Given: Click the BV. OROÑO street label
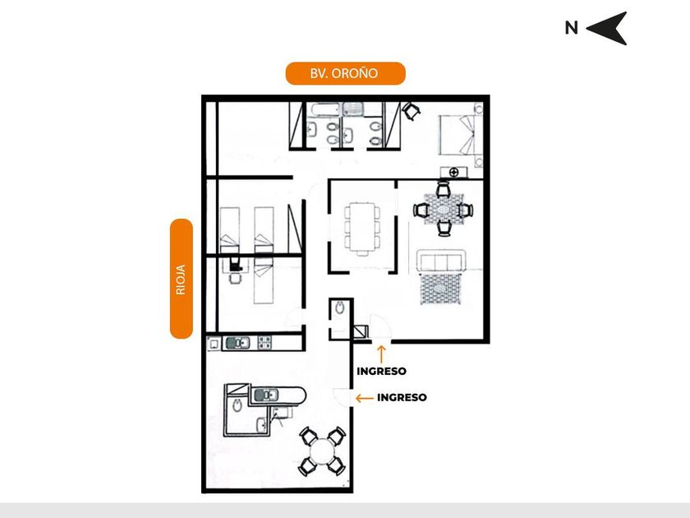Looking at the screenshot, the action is (345, 73).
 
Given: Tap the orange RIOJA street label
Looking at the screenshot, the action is (181, 279).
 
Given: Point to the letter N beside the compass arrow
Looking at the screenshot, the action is (571, 28).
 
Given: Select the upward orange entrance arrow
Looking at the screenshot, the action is (381, 354).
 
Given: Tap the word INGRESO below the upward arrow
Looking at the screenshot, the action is (381, 371).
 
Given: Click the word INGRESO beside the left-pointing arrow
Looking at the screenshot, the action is (402, 397).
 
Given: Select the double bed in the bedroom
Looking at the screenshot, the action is (458, 135).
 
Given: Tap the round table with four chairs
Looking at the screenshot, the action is (321, 451).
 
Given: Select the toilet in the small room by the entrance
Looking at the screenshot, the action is (340, 310).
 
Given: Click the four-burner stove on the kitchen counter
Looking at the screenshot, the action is (265, 341).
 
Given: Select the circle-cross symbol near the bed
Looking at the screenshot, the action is (453, 171).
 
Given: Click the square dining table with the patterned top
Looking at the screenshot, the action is (444, 210).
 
